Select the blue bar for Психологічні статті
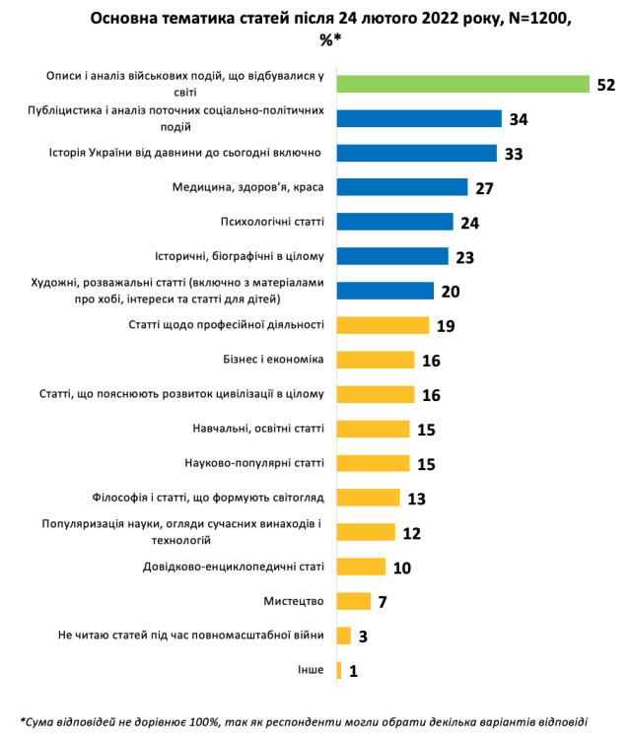pyautogui.click(x=394, y=222)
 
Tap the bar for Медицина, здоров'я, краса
pyautogui.click(x=401, y=187)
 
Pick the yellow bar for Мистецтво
pyautogui.click(x=353, y=601)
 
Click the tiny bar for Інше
pyautogui.click(x=339, y=670)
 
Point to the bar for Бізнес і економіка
pyautogui.click(x=375, y=360)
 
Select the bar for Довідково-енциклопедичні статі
pyautogui.click(x=361, y=567)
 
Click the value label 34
pyautogui.click(x=520, y=119)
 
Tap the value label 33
pyautogui.click(x=513, y=154)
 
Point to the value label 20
pyautogui.click(x=452, y=292)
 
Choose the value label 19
pyautogui.click(x=446, y=326)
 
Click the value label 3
pyautogui.click(x=363, y=636)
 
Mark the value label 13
pyautogui.click(x=416, y=499)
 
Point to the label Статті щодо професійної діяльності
pyautogui.click(x=227, y=325)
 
